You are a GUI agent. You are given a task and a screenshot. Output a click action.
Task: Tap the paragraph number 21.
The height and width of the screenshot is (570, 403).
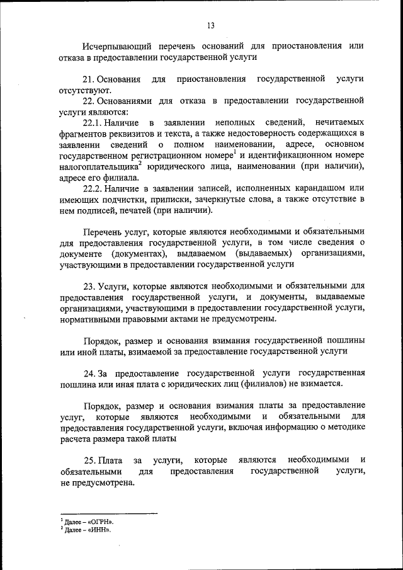point(88,79)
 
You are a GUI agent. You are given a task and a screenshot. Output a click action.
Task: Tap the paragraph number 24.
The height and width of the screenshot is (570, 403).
point(88,372)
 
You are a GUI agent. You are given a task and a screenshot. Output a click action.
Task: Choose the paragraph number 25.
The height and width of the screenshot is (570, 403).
point(88,460)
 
